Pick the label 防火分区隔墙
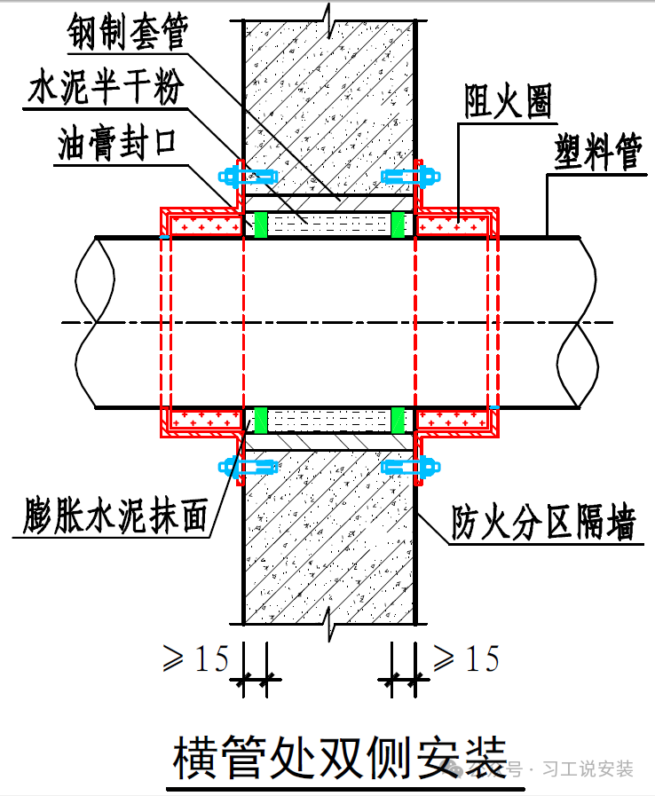543,524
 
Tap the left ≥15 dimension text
196,658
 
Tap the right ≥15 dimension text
467,658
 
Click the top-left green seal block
261,225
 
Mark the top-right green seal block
398,225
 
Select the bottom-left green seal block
261,419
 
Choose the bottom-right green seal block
398,419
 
